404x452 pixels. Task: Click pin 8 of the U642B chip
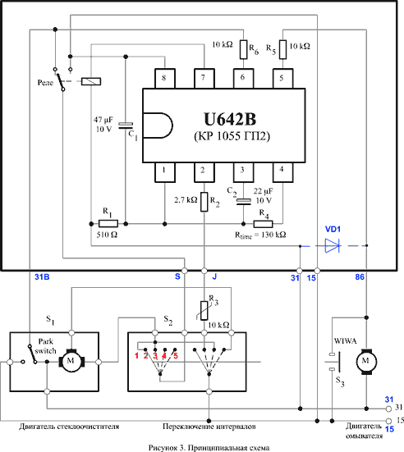tap(165, 78)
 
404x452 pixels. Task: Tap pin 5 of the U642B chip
tap(282, 78)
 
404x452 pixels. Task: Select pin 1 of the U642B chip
tap(165, 172)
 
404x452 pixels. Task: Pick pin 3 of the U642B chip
tap(243, 172)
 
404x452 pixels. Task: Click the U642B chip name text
tap(230, 119)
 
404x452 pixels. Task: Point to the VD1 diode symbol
tap(332, 245)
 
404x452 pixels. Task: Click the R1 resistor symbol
tap(108, 223)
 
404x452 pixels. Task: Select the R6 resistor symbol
tap(244, 49)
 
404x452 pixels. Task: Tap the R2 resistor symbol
tap(204, 202)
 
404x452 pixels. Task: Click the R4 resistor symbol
tap(263, 224)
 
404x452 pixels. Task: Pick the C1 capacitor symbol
tap(126, 126)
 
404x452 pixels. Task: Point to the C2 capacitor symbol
tap(243, 202)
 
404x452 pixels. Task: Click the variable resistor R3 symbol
tap(204, 310)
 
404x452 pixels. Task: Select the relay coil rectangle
tap(91, 81)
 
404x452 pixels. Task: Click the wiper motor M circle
tap(71, 360)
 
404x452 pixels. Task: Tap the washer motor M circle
tap(366, 361)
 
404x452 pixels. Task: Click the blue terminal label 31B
tap(42, 277)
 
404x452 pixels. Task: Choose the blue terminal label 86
tap(360, 277)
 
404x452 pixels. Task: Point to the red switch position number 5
tap(176, 356)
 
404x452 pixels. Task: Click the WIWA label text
tap(345, 341)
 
